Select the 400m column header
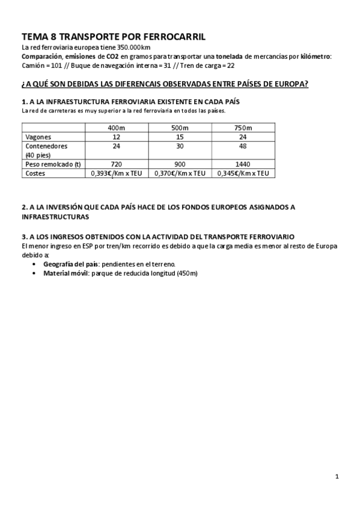point(116,128)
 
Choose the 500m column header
point(179,128)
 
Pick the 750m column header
point(243,128)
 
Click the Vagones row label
point(38,137)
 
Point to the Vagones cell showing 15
point(179,137)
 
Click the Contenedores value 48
point(243,146)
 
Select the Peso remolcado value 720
point(116,164)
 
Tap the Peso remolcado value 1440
point(243,164)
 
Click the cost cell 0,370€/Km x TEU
point(179,173)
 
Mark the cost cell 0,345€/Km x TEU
point(243,173)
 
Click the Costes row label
point(35,173)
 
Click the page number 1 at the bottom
point(337,476)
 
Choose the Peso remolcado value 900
point(179,164)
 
